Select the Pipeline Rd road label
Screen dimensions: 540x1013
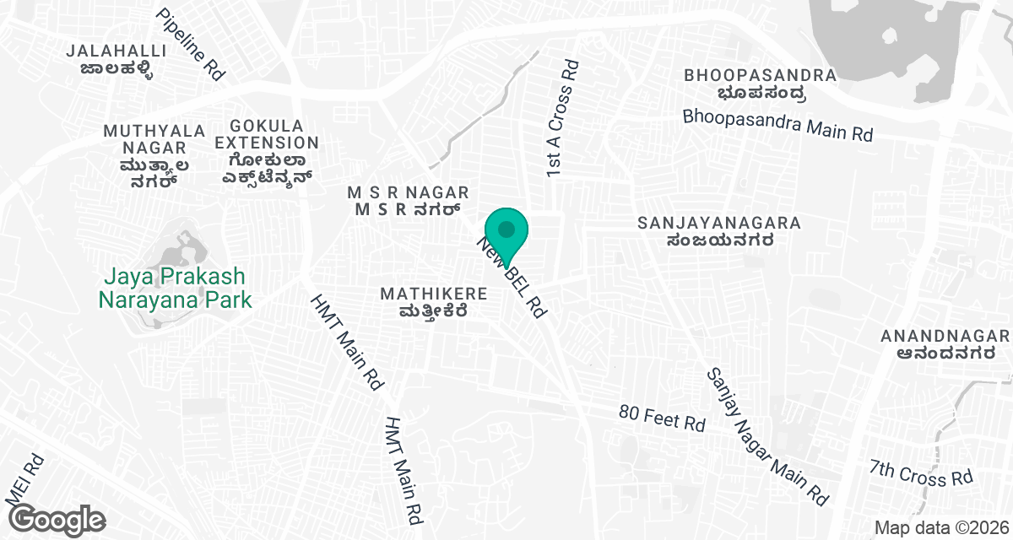click(192, 45)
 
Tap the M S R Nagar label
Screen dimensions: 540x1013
click(408, 202)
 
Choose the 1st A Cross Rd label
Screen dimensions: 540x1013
click(561, 118)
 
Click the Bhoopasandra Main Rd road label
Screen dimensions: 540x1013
click(777, 125)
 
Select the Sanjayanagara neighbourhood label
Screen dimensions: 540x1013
click(719, 232)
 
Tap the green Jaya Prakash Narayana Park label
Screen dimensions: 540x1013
click(175, 287)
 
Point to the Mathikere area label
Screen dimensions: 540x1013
click(434, 302)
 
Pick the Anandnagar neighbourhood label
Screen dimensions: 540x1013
click(945, 345)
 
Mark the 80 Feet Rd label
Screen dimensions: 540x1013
click(661, 418)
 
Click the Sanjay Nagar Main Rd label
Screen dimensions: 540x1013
click(767, 436)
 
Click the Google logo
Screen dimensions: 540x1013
click(57, 518)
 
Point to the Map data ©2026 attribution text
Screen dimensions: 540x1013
click(940, 527)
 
